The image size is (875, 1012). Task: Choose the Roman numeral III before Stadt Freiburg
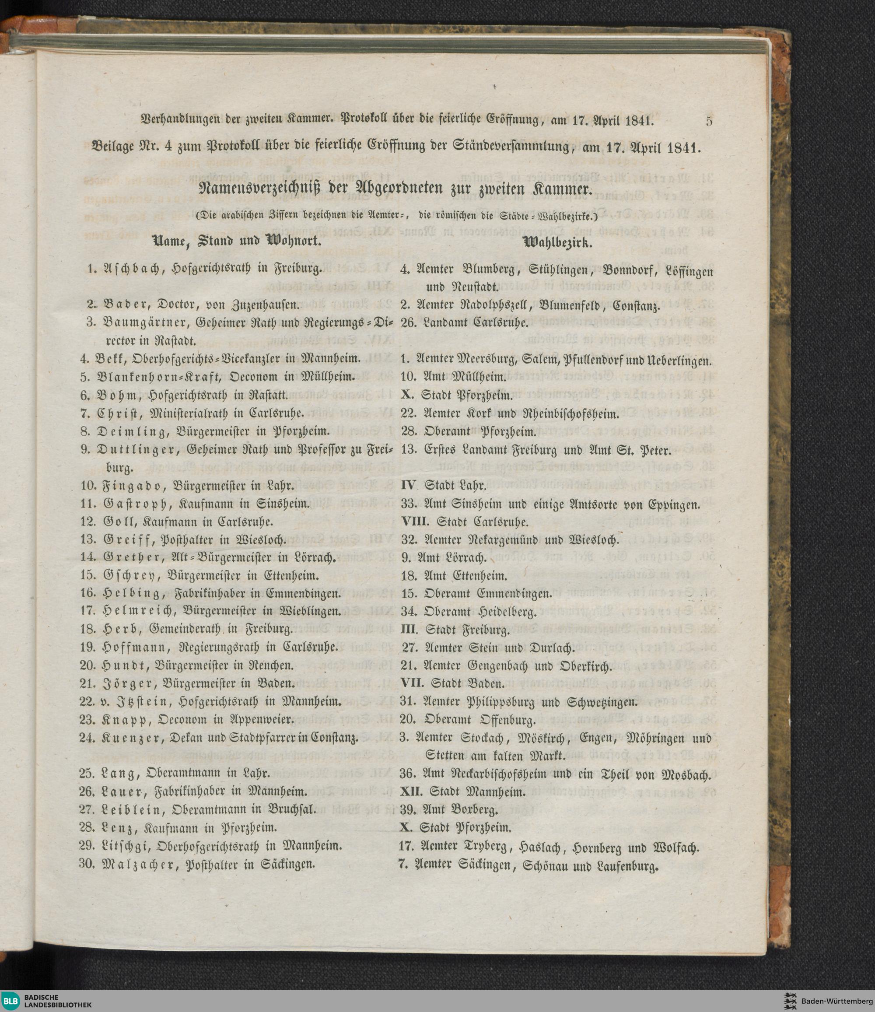click(x=411, y=630)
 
